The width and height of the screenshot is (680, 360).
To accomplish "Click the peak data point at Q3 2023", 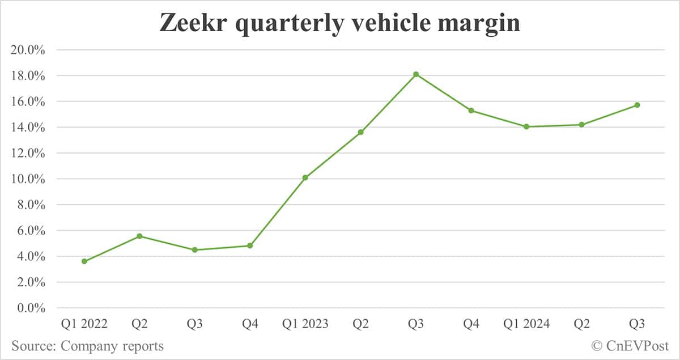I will tap(416, 74).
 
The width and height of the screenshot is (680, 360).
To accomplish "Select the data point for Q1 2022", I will tap(84, 261).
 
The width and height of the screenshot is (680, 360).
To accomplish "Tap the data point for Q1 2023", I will tap(305, 177).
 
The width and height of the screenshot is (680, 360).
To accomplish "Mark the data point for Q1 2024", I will tap(526, 126).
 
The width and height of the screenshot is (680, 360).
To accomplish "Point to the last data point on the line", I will tap(637, 105).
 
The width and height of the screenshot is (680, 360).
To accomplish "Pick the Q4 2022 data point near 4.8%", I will tap(250, 245).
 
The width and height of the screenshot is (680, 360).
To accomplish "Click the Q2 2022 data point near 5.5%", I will tap(139, 236).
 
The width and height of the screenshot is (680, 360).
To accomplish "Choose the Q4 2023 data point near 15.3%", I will tap(471, 111).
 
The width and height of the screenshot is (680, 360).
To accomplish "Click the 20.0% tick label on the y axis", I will tap(28, 50).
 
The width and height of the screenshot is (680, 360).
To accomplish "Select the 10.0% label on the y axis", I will tap(28, 179).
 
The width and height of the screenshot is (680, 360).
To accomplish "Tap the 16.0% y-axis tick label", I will tap(28, 101).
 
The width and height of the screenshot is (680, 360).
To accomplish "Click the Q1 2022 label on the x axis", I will tap(84, 324).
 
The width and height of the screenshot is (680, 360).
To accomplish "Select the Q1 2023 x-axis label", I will tap(305, 324).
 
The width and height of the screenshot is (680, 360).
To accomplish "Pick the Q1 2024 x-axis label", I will tap(526, 324).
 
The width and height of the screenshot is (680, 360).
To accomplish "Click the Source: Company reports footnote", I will tap(87, 346).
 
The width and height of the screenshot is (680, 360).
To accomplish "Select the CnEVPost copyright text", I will tap(630, 346).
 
